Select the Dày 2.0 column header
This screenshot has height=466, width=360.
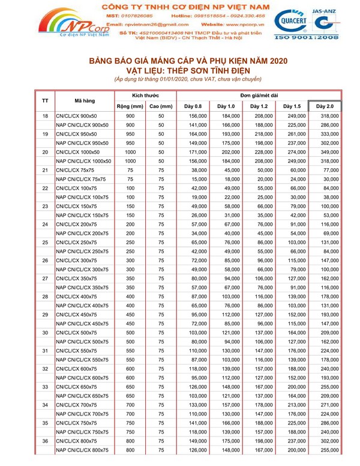[x=325, y=106]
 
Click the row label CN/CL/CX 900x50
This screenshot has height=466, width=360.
[x=76, y=115]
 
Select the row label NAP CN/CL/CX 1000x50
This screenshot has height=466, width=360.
[x=83, y=161]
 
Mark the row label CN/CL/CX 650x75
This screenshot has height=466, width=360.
[x=76, y=387]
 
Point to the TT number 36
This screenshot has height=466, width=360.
[x=45, y=441]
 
